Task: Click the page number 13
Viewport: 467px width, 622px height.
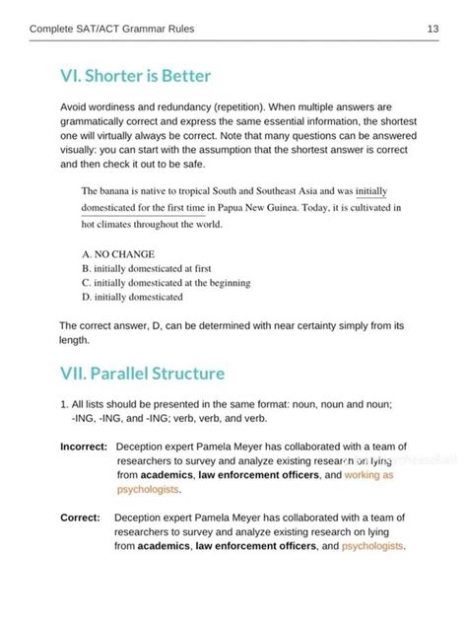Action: [433, 30]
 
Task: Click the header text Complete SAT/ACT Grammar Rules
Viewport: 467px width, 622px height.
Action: [111, 30]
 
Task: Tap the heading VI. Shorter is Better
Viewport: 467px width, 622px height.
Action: [135, 76]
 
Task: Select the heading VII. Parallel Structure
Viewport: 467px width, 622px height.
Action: [142, 374]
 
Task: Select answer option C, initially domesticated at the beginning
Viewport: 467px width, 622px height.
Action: [166, 282]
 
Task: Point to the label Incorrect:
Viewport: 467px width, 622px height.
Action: [82, 447]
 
